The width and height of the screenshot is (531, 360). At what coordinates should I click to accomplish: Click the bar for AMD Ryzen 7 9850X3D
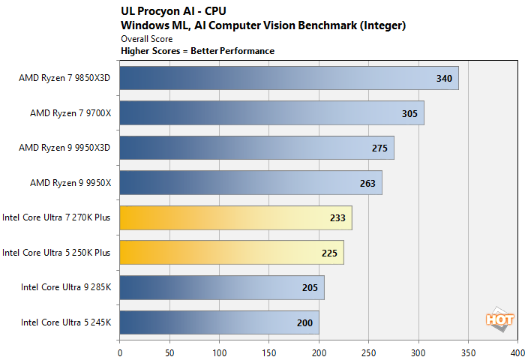point(289,78)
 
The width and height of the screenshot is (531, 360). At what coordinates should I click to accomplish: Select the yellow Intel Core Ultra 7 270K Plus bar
point(235,217)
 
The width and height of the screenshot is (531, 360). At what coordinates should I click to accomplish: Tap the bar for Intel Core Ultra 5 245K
point(219,322)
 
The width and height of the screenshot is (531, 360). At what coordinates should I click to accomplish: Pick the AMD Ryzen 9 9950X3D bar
point(256,148)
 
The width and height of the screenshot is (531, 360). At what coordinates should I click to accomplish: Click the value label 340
point(444,78)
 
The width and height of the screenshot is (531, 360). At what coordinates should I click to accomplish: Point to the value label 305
point(410,113)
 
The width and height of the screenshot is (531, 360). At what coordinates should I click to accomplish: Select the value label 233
point(337,217)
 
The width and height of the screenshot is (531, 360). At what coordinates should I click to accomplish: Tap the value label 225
point(330,253)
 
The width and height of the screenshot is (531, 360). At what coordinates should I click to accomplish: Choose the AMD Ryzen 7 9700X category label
point(70,113)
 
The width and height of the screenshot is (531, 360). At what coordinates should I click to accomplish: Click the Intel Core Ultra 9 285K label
point(65,288)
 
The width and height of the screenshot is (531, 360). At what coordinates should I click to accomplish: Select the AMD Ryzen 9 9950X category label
point(70,183)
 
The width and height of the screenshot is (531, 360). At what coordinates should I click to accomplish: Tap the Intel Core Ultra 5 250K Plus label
point(56,253)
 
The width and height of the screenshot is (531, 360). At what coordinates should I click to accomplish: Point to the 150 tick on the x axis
point(268,350)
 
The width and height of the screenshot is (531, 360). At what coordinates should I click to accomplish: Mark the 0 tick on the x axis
point(120,350)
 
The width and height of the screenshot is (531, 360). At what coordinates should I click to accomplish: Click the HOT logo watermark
point(499,318)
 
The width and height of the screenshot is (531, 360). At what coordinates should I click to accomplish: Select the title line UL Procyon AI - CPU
point(173,11)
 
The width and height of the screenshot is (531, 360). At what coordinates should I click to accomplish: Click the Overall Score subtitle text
point(146,38)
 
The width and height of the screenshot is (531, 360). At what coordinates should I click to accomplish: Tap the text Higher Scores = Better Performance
point(197,50)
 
